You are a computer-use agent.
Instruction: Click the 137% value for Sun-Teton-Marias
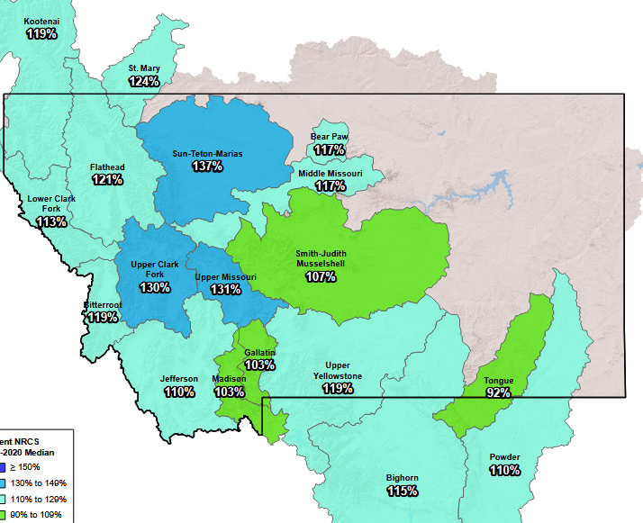point(207,167)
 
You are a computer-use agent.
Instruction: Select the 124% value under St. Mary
point(144,81)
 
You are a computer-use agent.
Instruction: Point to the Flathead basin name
point(107,167)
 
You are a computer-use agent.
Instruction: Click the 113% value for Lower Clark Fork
point(51,221)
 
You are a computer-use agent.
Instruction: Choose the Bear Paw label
point(330,137)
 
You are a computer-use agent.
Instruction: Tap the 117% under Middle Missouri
point(331,185)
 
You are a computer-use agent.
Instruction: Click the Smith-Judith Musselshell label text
point(321,259)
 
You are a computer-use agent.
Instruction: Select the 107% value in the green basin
point(321,276)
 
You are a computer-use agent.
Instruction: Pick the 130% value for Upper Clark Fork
point(154,287)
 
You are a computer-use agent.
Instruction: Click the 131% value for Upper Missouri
point(226,289)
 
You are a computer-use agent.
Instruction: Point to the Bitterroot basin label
point(103,305)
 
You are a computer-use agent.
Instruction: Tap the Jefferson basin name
point(179,379)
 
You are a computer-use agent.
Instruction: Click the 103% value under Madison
point(229,392)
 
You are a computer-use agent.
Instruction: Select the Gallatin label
point(259,352)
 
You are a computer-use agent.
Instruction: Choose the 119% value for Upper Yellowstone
point(338,389)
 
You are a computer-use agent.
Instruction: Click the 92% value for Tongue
point(498,392)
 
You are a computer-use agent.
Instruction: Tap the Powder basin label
point(504,457)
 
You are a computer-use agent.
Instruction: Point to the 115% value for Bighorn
point(403,491)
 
